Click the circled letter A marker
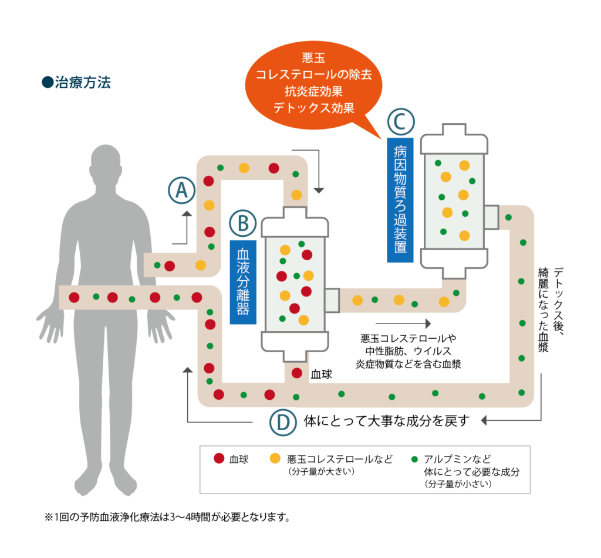pyautogui.click(x=181, y=190)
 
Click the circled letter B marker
pyautogui.click(x=243, y=223)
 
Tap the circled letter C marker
pyautogui.click(x=401, y=121)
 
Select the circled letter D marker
pyautogui.click(x=283, y=421)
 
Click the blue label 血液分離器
pyautogui.click(x=243, y=281)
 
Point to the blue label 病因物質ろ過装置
pyautogui.click(x=400, y=199)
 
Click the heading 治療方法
pyautogui.click(x=76, y=83)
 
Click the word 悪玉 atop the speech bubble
pyautogui.click(x=313, y=58)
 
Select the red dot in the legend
pyautogui.click(x=219, y=459)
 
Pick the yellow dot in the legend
pyautogui.click(x=274, y=459)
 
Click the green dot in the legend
pyautogui.click(x=415, y=459)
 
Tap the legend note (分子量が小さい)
pyautogui.click(x=458, y=485)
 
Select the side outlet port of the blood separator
pyautogui.click(x=332, y=300)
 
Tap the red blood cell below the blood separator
pyautogui.click(x=297, y=373)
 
